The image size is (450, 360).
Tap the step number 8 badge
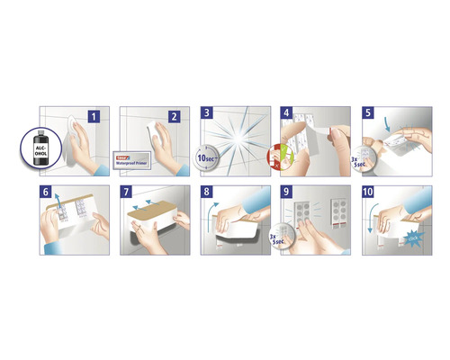point(207,193)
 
